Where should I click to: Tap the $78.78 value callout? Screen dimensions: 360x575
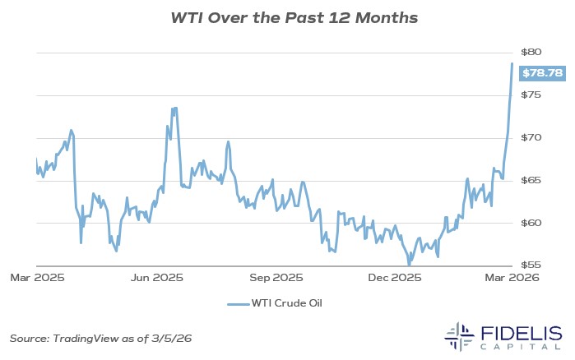click(x=543, y=74)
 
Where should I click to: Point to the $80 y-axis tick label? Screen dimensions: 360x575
click(x=540, y=52)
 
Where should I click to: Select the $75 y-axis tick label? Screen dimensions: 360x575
click(x=540, y=95)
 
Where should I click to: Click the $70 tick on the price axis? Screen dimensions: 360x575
click(x=540, y=137)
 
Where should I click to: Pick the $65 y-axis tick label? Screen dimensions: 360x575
click(x=540, y=180)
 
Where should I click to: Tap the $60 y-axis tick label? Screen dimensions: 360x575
click(x=540, y=223)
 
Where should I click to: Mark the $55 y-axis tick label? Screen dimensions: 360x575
click(x=540, y=265)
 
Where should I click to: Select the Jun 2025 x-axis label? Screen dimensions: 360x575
click(x=156, y=278)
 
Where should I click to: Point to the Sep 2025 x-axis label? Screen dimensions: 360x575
click(x=276, y=278)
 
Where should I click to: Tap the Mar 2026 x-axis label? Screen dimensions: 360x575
click(x=513, y=278)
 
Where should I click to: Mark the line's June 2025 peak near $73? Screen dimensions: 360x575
click(x=174, y=108)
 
